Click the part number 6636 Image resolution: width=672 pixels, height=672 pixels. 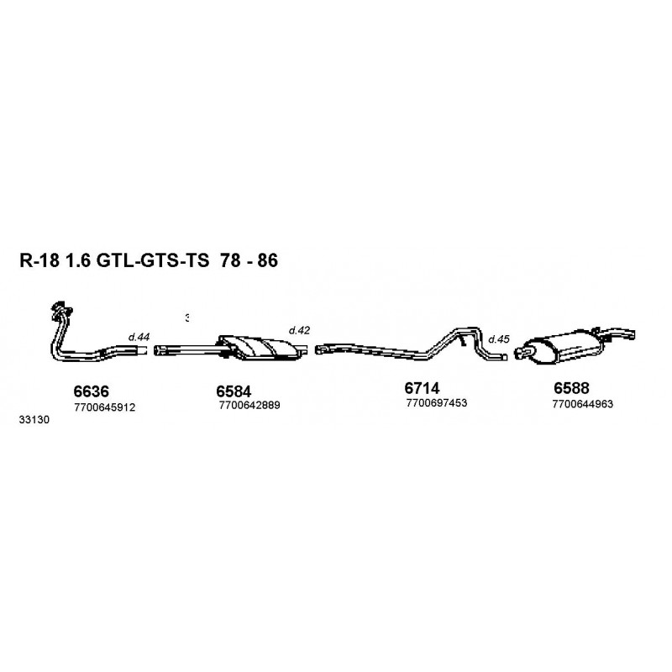pos(92,391)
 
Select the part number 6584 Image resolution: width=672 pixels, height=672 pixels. pos(234,391)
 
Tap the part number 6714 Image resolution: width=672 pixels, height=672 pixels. pos(422,388)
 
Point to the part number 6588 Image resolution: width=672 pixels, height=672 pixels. pos(571,388)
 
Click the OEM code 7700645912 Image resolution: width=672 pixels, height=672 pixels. pos(104,407)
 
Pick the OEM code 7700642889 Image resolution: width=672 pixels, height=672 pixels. pos(249,405)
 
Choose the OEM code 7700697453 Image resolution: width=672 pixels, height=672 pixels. pos(437,403)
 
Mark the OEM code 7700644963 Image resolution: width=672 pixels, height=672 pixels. pos(583,404)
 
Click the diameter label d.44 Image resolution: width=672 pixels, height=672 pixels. pos(139,338)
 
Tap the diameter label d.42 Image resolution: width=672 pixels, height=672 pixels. pos(299,330)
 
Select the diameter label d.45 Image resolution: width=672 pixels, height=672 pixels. pos(499,339)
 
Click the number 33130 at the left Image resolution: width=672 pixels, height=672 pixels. pos(34,419)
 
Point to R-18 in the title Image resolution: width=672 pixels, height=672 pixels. pos(39,260)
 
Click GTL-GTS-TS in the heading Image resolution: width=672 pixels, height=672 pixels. pos(152,260)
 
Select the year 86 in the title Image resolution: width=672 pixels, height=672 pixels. pos(267,260)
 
